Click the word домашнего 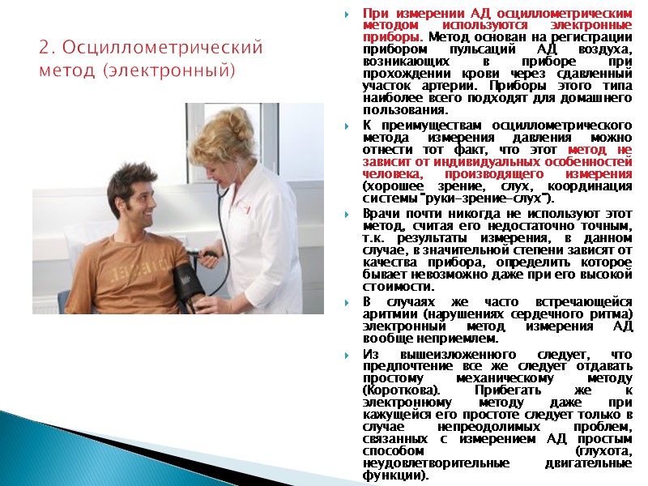tap(598, 98)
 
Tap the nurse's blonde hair tap(223, 130)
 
